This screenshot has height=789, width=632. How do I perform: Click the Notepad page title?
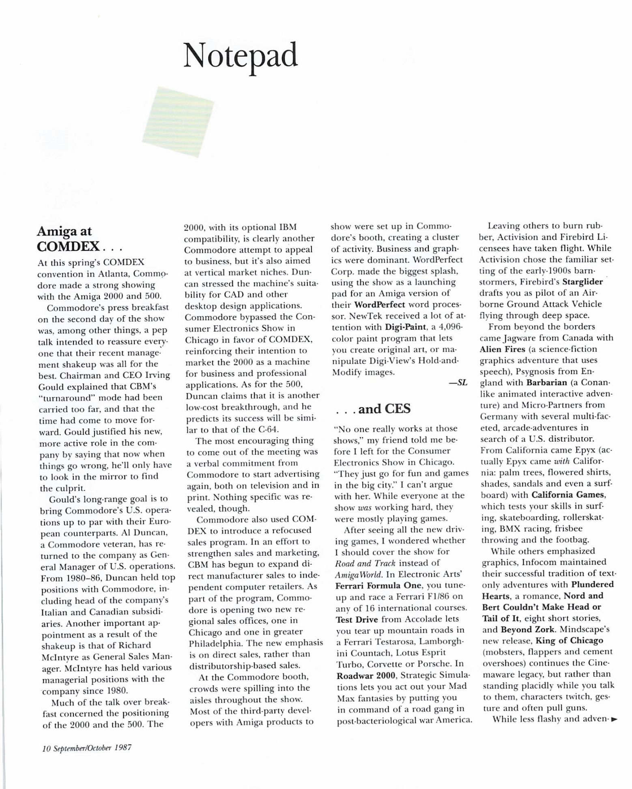[241, 56]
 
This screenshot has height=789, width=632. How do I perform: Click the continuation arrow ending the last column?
[614, 720]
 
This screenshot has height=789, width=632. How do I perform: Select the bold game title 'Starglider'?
[583, 282]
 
